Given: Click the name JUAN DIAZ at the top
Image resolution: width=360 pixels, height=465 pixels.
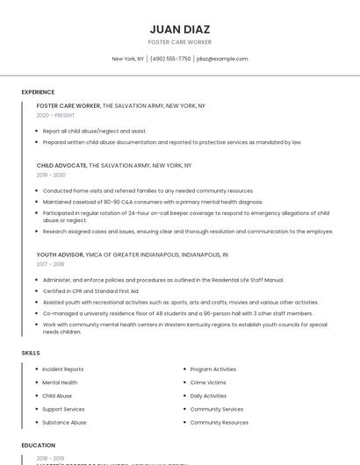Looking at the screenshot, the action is tap(179, 29).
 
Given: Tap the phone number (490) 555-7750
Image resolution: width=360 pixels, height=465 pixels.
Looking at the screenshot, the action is tap(170, 59).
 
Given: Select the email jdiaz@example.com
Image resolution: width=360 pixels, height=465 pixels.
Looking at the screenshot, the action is tap(222, 59).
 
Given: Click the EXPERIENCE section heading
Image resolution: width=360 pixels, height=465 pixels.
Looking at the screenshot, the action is tap(38, 92).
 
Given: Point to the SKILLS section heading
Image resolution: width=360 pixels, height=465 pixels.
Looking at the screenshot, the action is tap(31, 353).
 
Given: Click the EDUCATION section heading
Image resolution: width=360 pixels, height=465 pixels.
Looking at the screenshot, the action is tap(38, 445).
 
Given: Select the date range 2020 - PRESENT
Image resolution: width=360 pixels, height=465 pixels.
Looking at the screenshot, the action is tap(56, 115).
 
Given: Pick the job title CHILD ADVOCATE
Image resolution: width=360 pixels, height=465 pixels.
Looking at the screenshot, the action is tap(61, 165).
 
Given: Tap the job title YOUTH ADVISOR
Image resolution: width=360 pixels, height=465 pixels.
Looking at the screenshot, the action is tap(60, 254).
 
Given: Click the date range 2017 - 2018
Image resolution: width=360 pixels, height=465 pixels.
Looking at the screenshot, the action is tap(50, 263).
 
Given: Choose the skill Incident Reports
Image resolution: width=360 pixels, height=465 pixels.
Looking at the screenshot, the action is tap(63, 369).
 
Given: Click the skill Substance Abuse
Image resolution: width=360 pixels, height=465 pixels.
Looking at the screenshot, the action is tap(64, 422).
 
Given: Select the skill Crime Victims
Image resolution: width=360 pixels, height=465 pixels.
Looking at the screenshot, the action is tap(208, 383).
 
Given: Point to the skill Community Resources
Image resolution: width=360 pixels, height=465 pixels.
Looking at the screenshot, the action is tap(219, 422).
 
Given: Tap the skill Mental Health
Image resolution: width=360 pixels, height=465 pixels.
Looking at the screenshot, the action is tap(60, 383).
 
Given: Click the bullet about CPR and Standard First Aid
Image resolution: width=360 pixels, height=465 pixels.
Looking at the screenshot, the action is tap(91, 290).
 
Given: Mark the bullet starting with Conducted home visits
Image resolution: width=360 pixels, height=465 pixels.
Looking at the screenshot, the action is tap(148, 190).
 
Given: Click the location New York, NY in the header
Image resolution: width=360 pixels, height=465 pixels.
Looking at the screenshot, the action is tap(128, 59).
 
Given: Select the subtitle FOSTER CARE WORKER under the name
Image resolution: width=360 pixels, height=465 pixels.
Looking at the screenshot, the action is tap(179, 42).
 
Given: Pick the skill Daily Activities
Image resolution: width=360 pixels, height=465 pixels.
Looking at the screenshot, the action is tap(208, 396).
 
